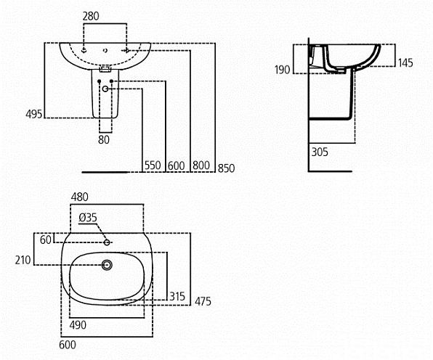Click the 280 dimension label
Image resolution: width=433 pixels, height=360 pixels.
91,16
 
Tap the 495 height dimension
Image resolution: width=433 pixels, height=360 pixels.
34,114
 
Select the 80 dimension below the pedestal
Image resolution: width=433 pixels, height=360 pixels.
104,140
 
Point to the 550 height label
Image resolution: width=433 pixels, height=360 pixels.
153,165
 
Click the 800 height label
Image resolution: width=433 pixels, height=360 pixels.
201,165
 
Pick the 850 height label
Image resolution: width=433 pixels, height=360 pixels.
226,168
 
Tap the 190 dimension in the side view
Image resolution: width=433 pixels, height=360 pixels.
282,70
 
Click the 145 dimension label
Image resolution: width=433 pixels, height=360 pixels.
405,63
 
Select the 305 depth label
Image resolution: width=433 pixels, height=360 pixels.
320,152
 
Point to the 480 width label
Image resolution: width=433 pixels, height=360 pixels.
80,197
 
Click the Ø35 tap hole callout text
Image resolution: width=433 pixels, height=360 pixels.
88,218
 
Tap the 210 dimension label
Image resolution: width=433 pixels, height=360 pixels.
23,260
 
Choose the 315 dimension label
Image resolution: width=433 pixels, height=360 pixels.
177,297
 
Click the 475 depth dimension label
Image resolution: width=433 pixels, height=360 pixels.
203,301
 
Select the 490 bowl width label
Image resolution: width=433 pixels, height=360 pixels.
78,325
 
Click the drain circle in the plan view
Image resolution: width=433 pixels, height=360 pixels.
107,265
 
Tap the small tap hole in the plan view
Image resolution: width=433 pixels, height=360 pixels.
107,242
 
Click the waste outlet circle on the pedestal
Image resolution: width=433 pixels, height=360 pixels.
105,89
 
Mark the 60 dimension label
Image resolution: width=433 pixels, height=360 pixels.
46,240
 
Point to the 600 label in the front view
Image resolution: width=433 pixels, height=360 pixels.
177,165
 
